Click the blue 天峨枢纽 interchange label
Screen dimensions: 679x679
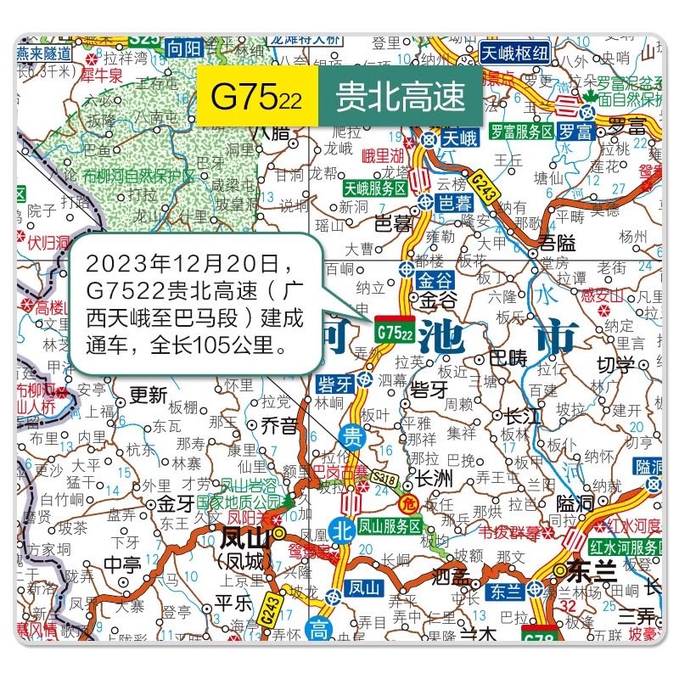tap(515, 51)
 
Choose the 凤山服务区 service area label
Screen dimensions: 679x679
tap(389, 526)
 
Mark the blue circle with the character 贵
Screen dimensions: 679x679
tap(352, 437)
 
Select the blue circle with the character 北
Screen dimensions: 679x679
tap(342, 526)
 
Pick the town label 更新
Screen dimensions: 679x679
tap(147, 395)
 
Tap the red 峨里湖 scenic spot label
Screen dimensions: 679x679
tap(383, 155)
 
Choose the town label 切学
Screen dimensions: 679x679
tap(615, 366)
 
